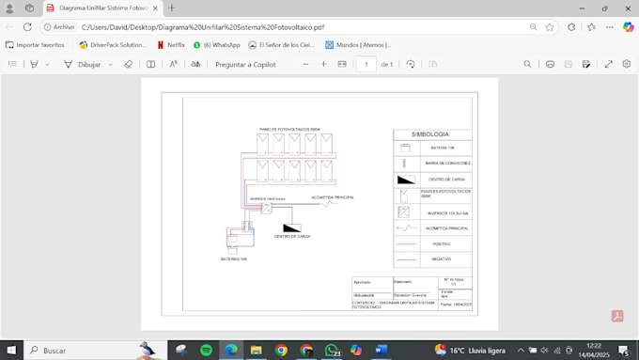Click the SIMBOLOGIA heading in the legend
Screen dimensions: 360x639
click(432, 134)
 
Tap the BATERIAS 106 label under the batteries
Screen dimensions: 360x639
click(234, 258)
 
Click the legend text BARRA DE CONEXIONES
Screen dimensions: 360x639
click(447, 163)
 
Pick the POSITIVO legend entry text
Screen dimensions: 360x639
click(441, 243)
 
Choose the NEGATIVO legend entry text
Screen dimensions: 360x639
click(441, 258)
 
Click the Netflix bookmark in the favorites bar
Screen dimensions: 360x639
click(170, 44)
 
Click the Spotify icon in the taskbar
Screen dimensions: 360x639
click(206, 350)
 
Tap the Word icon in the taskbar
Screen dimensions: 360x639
click(381, 350)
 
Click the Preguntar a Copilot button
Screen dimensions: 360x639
click(245, 64)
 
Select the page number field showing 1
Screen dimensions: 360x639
click(366, 64)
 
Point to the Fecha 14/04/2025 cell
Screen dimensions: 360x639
click(457, 304)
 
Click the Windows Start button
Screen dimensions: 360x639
click(12, 350)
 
